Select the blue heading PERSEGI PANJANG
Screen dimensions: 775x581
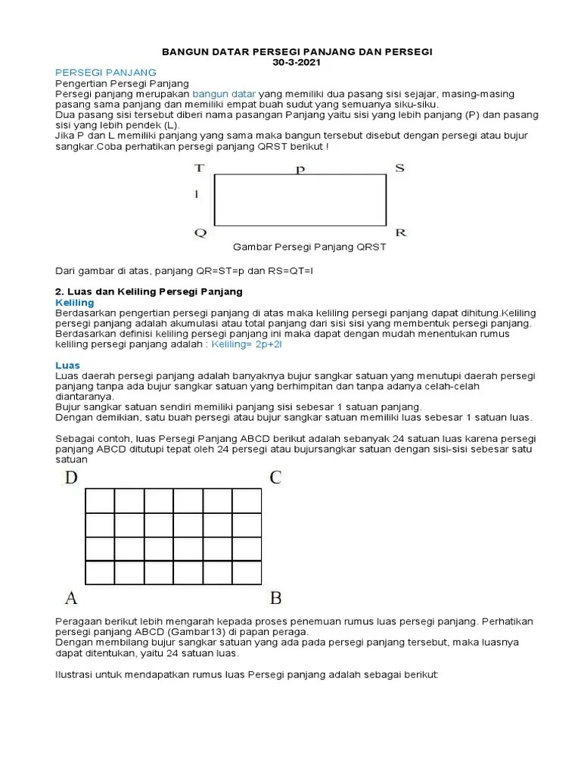106,72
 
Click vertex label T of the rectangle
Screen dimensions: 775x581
199,168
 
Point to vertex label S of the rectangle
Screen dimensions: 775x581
399,168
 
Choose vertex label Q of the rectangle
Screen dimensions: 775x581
200,232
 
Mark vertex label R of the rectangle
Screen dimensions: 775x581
401,232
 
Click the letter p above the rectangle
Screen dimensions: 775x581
300,170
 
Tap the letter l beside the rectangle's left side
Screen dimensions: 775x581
197,195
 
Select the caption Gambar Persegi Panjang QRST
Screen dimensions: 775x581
309,247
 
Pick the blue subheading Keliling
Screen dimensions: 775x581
76,302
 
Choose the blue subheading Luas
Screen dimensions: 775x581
69,365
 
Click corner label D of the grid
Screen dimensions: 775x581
71,478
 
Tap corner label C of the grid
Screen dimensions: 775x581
275,478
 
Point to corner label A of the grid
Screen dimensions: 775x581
71,598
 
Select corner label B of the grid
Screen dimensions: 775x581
275,598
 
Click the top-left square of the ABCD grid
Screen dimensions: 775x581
100,501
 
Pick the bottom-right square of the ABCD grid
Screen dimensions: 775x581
247,572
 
